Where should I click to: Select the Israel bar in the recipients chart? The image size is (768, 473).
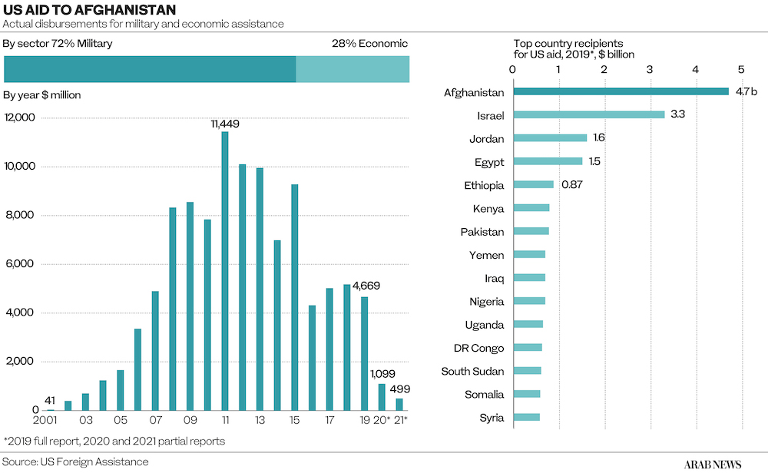tap(588, 115)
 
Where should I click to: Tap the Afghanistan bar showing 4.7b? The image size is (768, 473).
tap(621, 92)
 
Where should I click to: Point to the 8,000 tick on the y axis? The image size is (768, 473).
tap(21, 216)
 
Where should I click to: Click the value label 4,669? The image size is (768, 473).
tap(366, 286)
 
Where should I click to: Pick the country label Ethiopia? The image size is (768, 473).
tap(484, 185)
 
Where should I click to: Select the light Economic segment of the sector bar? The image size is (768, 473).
tap(353, 69)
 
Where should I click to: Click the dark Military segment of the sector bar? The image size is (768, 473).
tap(150, 69)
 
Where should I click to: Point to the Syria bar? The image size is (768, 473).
tap(526, 417)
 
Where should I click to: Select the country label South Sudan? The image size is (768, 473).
tap(472, 372)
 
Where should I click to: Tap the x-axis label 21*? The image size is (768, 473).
tap(401, 421)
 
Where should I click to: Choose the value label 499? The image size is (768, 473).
tap(400, 389)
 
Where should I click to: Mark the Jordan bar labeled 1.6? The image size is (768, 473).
tap(550, 138)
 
